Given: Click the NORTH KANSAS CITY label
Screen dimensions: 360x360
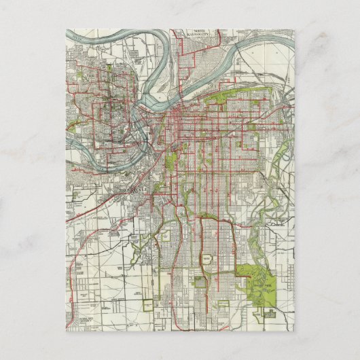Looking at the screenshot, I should [x=188, y=34].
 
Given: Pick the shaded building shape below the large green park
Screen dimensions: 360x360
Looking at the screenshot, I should [x=270, y=314].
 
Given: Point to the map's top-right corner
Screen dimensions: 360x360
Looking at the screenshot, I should [x=294, y=29].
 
